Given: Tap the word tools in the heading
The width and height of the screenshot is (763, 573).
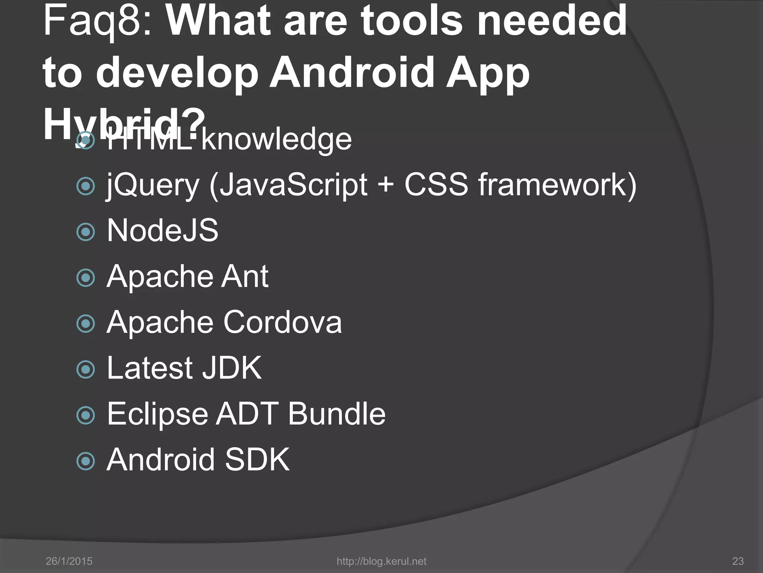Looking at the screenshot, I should click(x=413, y=21).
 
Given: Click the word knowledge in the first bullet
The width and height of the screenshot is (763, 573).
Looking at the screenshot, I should click(x=276, y=140).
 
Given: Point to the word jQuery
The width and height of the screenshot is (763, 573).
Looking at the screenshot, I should click(x=153, y=185).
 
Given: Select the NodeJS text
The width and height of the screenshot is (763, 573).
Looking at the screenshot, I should click(x=162, y=231).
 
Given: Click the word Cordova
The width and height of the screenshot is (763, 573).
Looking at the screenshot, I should click(x=282, y=322).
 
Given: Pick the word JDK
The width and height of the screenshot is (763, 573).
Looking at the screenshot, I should click(x=232, y=368).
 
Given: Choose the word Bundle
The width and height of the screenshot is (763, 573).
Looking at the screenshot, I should click(x=337, y=414).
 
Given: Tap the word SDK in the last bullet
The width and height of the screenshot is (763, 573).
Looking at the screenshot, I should click(x=257, y=460).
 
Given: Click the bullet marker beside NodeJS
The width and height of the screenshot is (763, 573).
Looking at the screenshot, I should click(x=86, y=232).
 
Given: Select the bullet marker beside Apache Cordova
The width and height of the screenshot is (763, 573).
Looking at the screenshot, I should click(x=86, y=323).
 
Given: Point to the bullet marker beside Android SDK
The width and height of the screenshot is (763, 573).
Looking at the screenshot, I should click(x=86, y=461).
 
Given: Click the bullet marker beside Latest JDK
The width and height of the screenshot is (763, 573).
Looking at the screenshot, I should click(x=86, y=369).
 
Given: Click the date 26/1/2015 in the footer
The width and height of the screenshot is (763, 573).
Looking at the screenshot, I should click(x=69, y=561).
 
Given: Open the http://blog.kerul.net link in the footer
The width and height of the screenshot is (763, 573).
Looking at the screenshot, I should click(x=381, y=561).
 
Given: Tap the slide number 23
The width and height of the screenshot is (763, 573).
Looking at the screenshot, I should click(x=738, y=561).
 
